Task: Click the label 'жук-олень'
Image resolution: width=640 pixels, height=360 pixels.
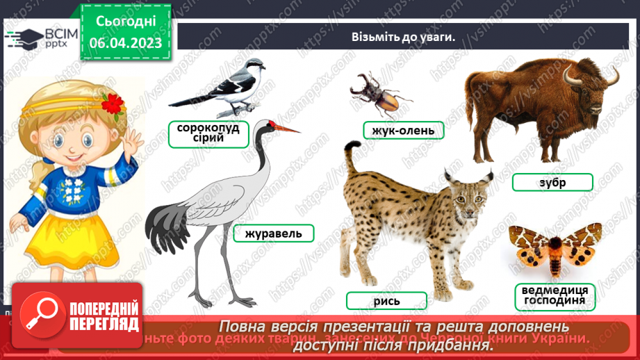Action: [403, 130]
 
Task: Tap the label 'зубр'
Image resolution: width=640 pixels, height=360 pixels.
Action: [552, 183]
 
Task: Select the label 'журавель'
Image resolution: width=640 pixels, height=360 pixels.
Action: [273, 234]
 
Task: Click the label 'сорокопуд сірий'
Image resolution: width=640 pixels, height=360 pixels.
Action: [208, 133]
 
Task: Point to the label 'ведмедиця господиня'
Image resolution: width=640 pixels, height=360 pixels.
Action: [555, 296]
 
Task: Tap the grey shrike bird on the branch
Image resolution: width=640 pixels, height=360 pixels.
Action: [222, 88]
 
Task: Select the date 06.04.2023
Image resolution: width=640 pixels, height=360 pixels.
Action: [126, 42]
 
